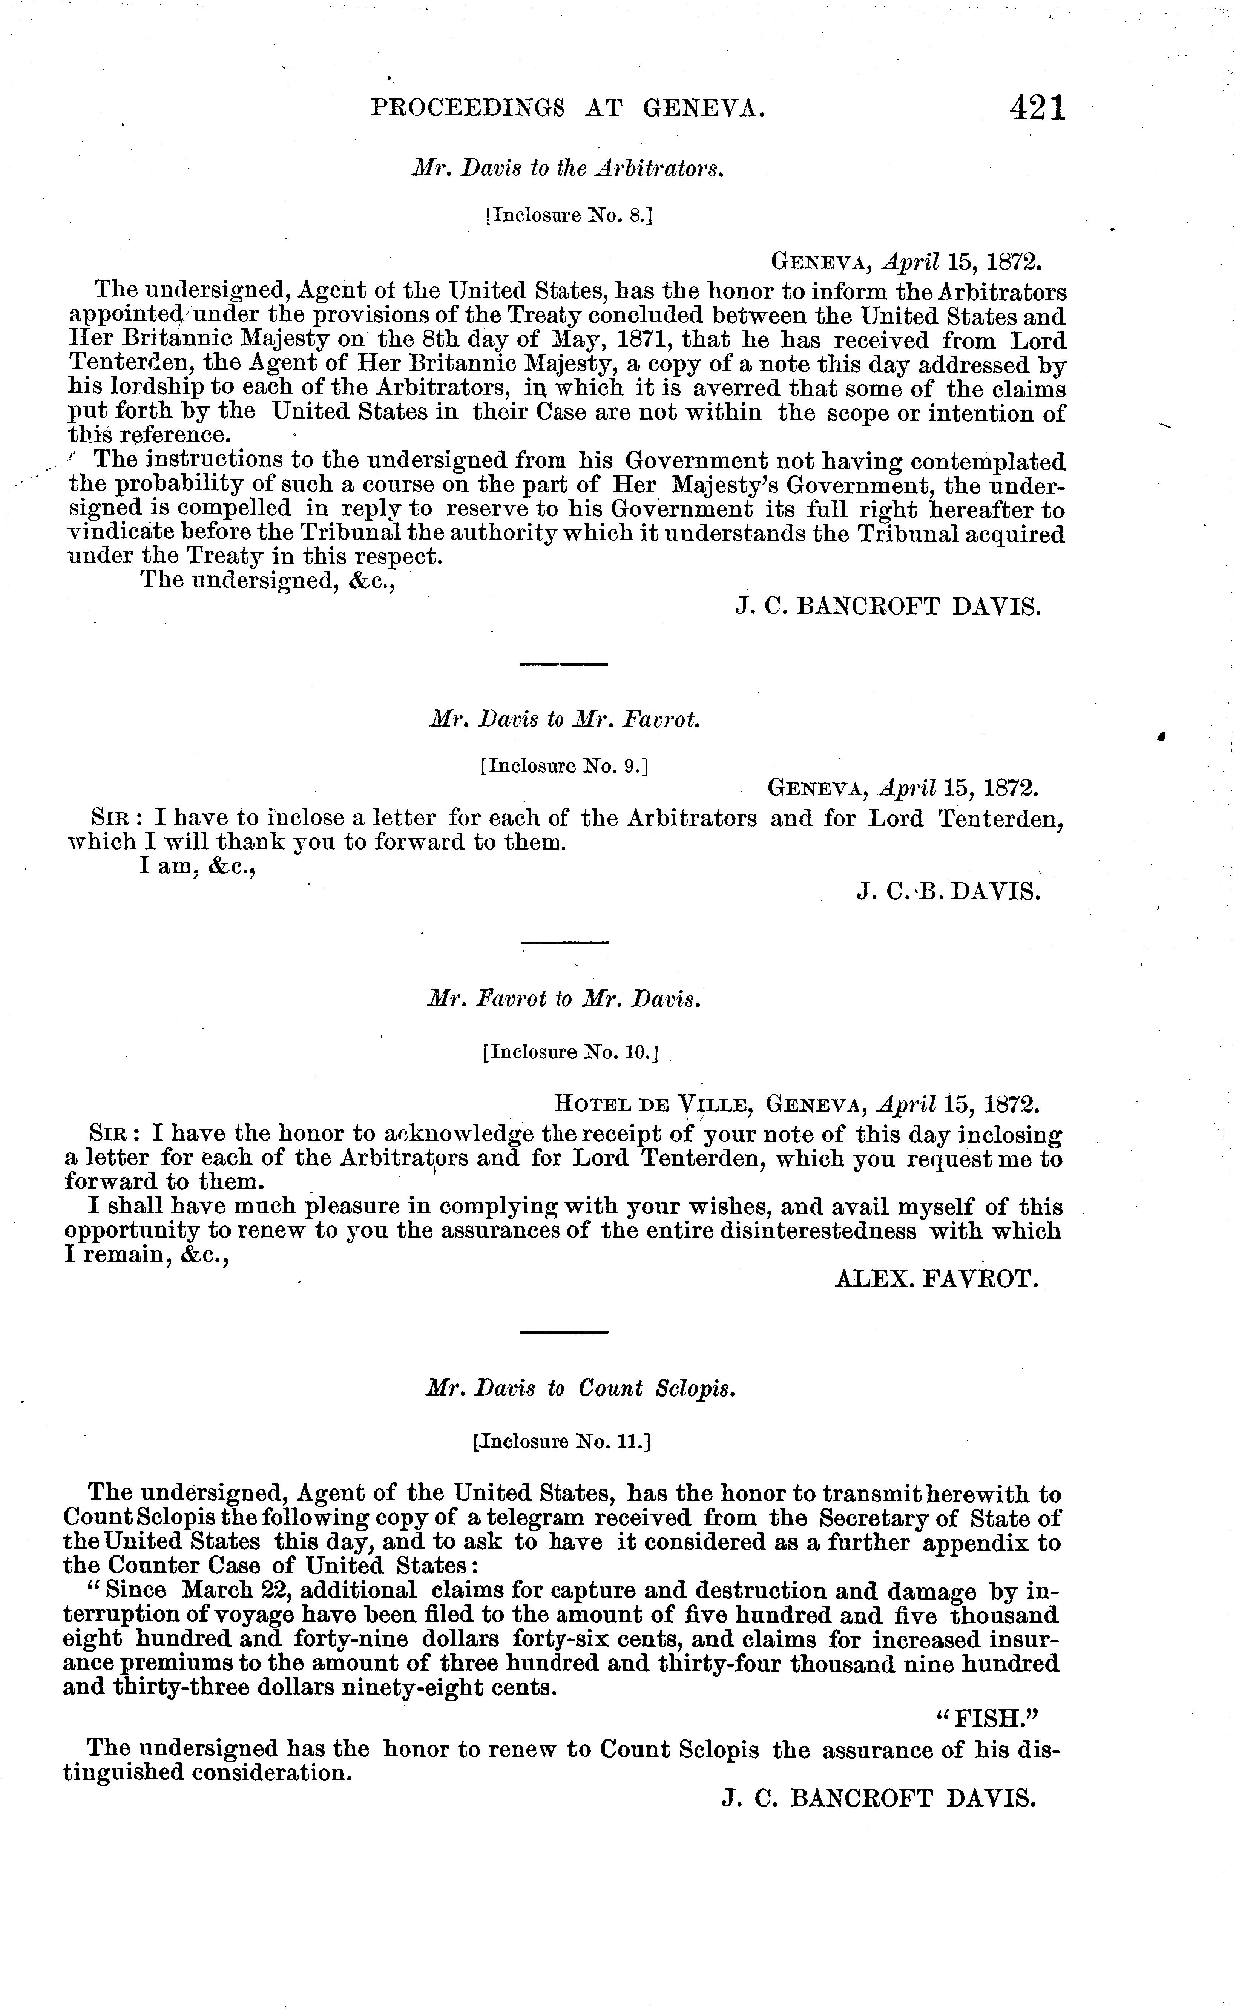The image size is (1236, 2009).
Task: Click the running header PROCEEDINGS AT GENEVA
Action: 568,109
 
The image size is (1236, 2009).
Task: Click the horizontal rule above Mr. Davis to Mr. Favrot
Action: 564,664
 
